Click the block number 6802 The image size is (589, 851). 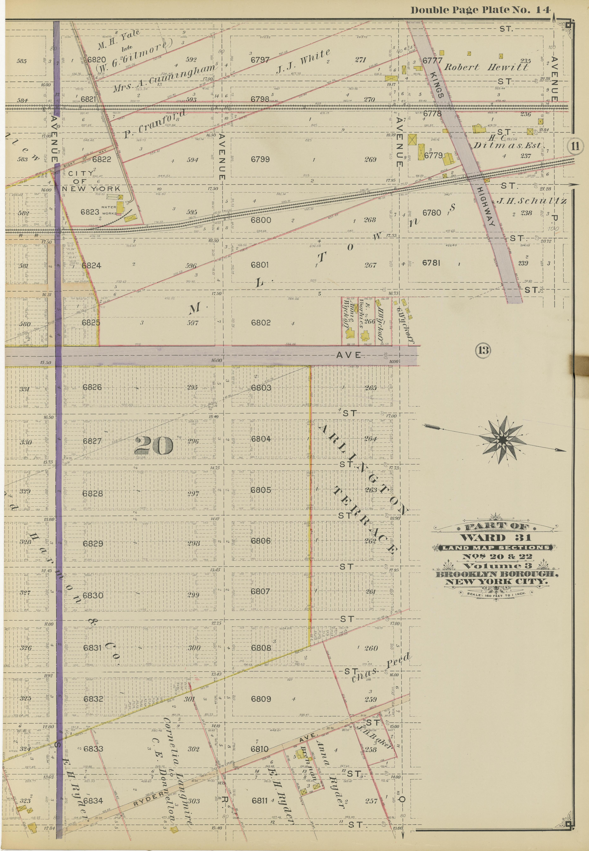pos(261,323)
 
